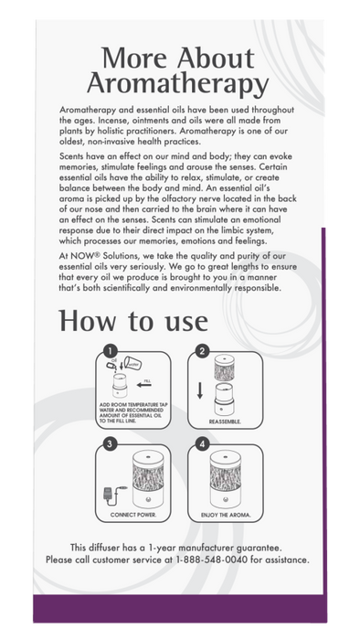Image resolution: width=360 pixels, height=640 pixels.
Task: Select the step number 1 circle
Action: coord(109,350)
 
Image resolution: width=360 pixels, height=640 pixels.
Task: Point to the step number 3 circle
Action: coord(109,444)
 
